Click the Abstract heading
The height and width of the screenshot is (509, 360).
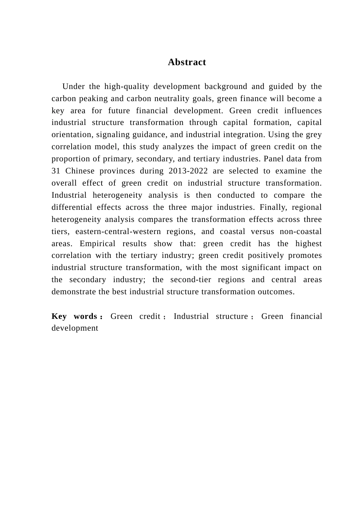[187, 62]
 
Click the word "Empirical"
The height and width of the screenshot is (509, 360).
[97, 244]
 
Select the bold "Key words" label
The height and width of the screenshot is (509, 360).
[75, 316]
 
